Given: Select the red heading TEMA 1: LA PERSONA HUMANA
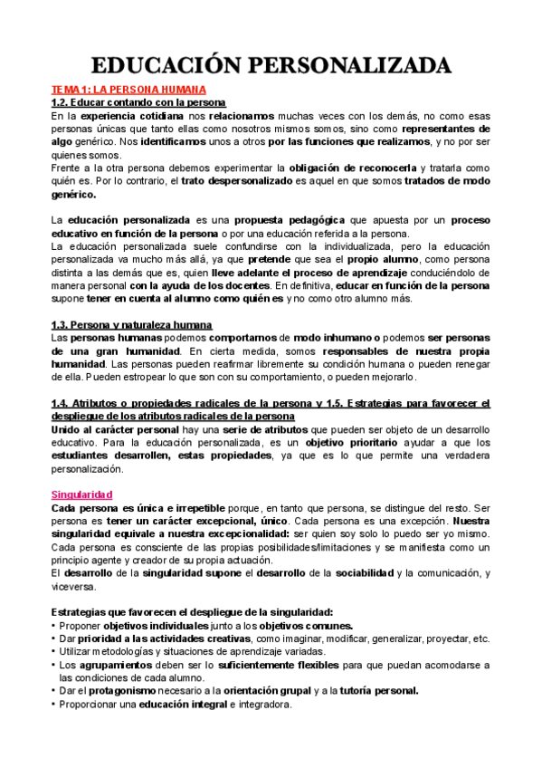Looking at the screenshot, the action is click(128, 91).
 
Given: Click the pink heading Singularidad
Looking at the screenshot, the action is click(81, 494).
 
